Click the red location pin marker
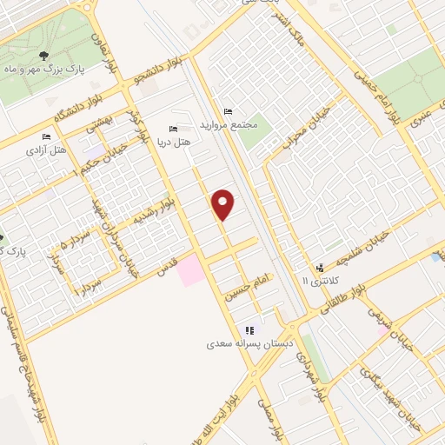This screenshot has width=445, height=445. click(x=223, y=203)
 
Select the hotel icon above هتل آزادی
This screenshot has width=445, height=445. click(x=47, y=137)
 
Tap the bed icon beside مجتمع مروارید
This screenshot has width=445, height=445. click(x=229, y=111)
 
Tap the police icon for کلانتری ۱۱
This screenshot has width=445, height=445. click(x=321, y=267)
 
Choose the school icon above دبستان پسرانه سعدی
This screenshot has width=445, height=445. click(x=250, y=330)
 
